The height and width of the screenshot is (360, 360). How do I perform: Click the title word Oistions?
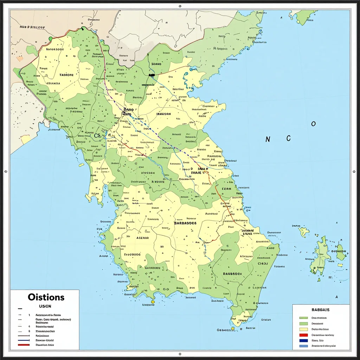tap(46, 297)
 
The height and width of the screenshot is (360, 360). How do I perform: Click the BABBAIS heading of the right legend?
tap(320, 310)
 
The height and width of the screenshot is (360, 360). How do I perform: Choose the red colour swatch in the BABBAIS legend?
tap(303, 335)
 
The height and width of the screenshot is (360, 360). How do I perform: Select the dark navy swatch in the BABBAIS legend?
tap(303, 341)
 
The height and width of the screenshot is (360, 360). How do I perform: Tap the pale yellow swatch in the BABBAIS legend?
tap(303, 329)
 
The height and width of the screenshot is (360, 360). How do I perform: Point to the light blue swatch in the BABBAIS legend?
tap(303, 346)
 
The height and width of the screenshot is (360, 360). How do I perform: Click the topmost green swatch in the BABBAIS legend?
tap(303, 318)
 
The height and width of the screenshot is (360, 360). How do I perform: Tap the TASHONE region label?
tap(66, 75)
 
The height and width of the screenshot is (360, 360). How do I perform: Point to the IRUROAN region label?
tap(163, 114)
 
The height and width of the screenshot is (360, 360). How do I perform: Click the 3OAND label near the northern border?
tap(156, 64)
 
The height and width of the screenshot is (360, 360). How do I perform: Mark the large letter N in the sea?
tap(268, 140)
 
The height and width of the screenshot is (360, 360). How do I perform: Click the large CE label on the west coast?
tap(97, 136)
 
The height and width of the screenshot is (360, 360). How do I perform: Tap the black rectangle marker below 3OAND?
tap(152, 75)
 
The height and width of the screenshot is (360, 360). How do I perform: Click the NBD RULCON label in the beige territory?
tap(32, 27)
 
